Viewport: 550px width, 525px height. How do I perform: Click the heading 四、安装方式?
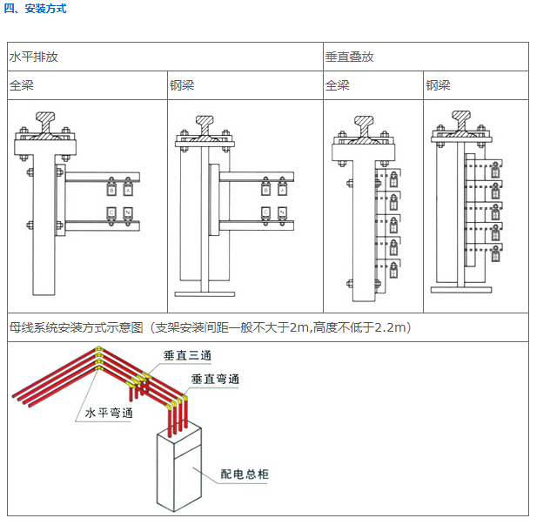[35, 9]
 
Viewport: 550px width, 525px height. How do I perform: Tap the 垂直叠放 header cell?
[349, 57]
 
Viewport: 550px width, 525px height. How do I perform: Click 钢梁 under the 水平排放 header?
[182, 85]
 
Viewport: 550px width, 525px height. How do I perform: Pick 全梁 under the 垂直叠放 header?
[337, 85]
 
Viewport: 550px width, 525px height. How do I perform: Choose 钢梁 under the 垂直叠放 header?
[438, 85]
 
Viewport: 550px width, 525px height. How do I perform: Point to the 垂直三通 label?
[186, 356]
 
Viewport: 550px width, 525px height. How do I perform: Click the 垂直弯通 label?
[215, 380]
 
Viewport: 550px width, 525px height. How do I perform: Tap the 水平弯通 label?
[110, 413]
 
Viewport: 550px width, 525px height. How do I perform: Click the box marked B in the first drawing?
[111, 190]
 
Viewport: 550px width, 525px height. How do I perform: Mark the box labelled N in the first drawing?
[128, 212]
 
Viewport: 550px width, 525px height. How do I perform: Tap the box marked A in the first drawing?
[128, 190]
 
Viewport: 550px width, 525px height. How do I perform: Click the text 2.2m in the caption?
[391, 327]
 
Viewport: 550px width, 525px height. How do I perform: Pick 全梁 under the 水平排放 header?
[22, 85]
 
